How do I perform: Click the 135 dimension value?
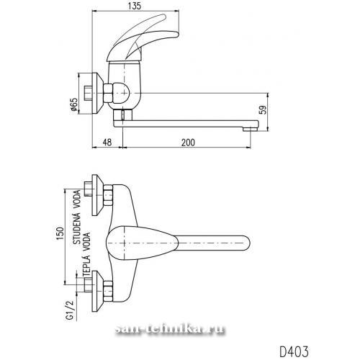pos(135,6)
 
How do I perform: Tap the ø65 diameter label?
pos(74,104)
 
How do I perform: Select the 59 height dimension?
pos(264,110)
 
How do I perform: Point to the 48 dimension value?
pos(107,143)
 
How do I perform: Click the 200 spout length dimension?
pos(188,143)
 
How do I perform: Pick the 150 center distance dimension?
pos(60,233)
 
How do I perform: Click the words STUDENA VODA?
pos(77,217)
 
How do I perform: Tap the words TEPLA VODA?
pos(86,255)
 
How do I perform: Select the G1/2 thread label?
pos(69,310)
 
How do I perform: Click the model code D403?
pos(294,352)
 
